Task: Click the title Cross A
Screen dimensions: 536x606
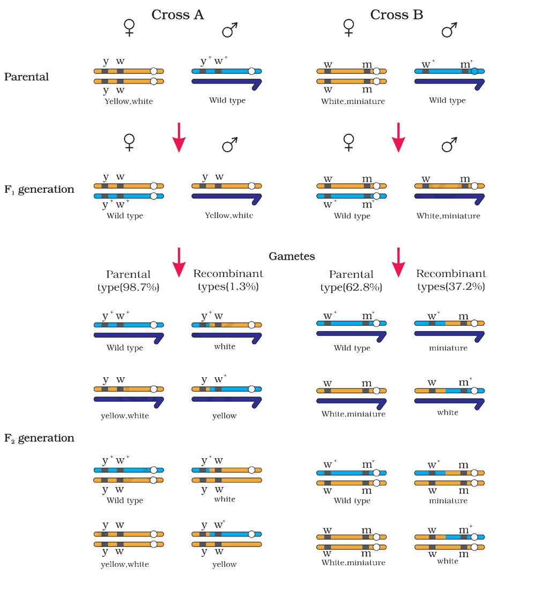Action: (177, 14)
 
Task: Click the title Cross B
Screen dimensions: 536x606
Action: (397, 14)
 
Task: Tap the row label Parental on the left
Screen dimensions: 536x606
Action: (26, 77)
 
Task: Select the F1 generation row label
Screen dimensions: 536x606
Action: (39, 189)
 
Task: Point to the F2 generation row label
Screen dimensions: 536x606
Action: (39, 438)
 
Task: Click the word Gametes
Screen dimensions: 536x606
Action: (292, 256)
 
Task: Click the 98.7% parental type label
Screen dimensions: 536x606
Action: (129, 281)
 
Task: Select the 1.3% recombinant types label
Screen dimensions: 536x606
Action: (228, 280)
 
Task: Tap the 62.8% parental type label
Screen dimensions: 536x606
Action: (351, 281)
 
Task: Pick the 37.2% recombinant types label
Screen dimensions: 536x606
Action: (451, 280)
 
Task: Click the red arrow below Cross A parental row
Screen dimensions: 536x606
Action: (179, 138)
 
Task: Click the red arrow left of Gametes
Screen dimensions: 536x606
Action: (179, 263)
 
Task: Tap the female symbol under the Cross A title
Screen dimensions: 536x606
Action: (129, 28)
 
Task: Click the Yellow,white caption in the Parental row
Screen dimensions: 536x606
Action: (129, 101)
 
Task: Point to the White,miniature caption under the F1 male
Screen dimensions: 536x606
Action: (448, 215)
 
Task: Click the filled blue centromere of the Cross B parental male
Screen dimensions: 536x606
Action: (474, 71)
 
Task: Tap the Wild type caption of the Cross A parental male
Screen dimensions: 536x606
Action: (227, 101)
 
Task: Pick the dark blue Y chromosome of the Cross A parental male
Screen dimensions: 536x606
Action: (227, 83)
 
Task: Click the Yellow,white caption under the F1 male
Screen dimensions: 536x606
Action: (229, 215)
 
